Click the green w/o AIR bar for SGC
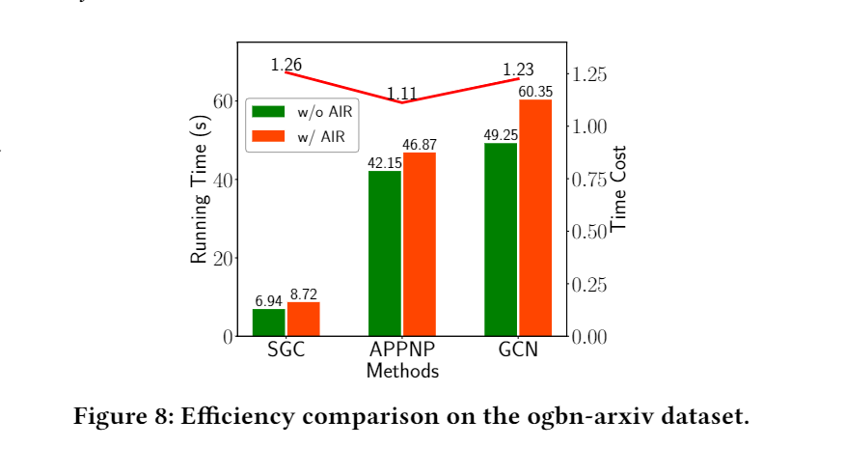269,322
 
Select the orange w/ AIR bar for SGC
303,319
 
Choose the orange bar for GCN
535,218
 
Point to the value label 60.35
535,92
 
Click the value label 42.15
385,163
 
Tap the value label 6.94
269,302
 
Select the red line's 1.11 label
402,94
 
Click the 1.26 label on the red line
286,65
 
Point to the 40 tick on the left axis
221,181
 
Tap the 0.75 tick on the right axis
591,181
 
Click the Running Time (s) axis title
200,190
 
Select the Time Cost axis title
618,188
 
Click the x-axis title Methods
402,371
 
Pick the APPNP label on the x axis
402,350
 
